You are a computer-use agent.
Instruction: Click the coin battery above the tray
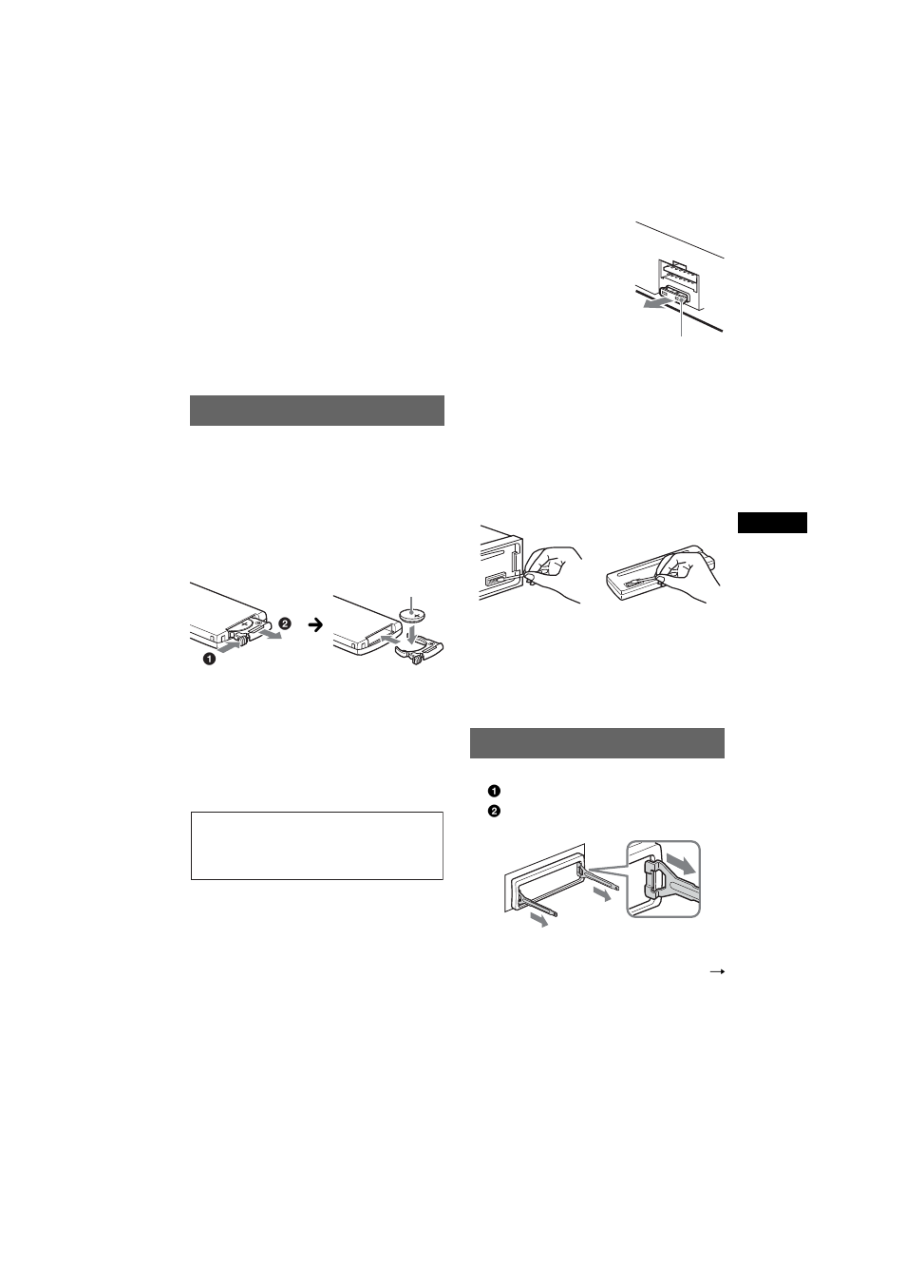click(x=413, y=616)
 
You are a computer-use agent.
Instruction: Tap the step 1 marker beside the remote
click(x=208, y=659)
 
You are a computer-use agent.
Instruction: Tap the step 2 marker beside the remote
click(x=284, y=624)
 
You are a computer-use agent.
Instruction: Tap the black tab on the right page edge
click(x=772, y=523)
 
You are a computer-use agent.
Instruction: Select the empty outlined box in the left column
click(x=317, y=845)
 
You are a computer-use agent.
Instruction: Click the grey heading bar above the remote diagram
click(x=317, y=411)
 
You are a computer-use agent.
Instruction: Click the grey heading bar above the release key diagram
click(x=596, y=743)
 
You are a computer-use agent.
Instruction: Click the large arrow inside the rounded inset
click(x=681, y=866)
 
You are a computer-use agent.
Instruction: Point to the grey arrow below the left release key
click(x=539, y=921)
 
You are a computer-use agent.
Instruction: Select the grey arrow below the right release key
click(x=601, y=895)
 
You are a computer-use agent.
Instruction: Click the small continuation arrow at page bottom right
click(x=718, y=972)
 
